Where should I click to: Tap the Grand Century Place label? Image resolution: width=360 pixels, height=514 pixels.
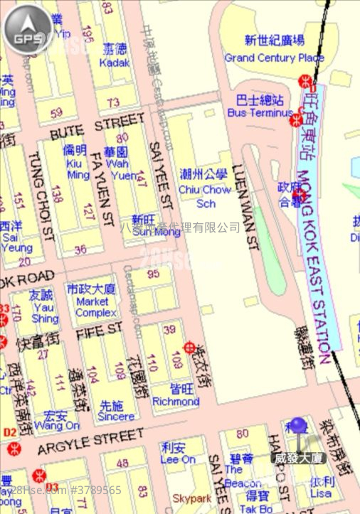click(x=274, y=57)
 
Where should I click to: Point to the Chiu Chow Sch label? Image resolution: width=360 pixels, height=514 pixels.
click(x=205, y=189)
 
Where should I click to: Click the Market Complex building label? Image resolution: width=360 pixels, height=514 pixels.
click(x=92, y=306)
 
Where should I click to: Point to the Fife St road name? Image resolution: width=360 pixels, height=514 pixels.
click(x=99, y=331)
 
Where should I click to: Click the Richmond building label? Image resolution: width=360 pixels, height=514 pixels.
click(x=176, y=401)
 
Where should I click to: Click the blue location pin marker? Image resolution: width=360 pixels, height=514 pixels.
click(x=298, y=427)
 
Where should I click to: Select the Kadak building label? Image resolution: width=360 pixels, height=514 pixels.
click(x=115, y=62)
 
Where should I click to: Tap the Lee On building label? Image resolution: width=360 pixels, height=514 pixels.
click(x=178, y=459)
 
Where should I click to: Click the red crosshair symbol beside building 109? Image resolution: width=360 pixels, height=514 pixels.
click(x=190, y=348)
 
